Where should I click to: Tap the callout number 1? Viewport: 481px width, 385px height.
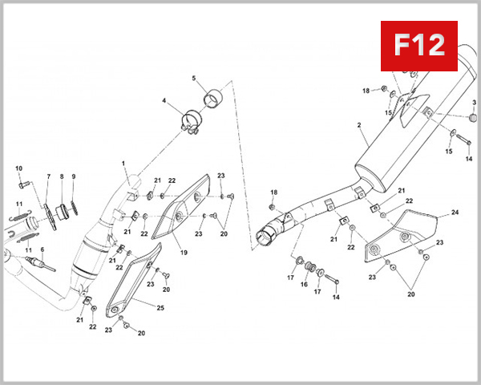(124, 164)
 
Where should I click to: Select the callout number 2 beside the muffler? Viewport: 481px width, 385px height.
(359, 125)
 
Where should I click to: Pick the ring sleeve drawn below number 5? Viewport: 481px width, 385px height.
(213, 100)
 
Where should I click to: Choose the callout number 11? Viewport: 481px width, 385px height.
(19, 204)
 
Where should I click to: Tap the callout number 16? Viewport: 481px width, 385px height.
(304, 284)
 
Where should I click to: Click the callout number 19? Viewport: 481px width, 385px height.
(184, 253)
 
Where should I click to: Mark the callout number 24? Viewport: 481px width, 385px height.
(455, 213)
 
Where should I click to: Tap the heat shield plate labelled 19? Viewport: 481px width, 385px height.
(183, 213)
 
